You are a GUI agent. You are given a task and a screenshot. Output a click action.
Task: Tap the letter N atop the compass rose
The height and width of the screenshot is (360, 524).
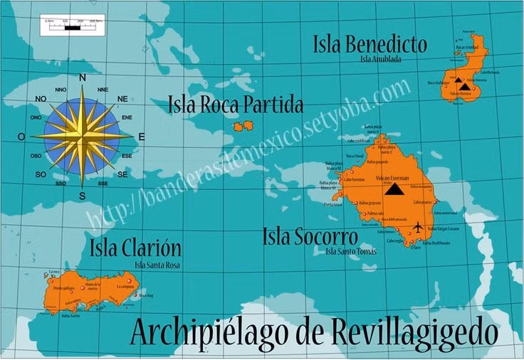coord(83,78)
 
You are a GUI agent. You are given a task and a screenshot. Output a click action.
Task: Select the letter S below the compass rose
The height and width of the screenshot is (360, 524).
coord(83,196)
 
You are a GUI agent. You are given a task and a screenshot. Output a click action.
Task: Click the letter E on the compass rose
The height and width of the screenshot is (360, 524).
coord(141,136)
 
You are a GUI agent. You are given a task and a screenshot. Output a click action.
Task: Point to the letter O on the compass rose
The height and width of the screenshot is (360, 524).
coord(21,136)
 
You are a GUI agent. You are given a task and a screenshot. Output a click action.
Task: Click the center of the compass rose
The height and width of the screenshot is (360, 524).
coord(83,135)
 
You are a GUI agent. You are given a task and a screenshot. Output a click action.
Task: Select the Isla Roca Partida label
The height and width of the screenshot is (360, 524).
coord(236,106)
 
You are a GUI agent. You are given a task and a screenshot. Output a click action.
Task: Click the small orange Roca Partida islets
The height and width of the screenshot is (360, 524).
coord(243,126)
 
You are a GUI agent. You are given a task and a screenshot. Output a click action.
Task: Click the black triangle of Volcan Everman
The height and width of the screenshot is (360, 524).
coord(392,189)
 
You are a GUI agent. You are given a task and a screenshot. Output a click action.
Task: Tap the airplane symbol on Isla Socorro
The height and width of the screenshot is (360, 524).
coord(417,227)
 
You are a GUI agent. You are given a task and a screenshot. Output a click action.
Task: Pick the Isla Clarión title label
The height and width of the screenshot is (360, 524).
coord(135,248)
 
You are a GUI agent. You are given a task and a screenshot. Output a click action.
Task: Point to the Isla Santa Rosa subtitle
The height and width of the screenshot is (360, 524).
coord(157,265)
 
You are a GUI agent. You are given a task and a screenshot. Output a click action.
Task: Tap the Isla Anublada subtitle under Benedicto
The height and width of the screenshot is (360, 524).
coord(381,59)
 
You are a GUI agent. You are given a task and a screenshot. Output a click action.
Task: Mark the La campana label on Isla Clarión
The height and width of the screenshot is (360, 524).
coord(125,285)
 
